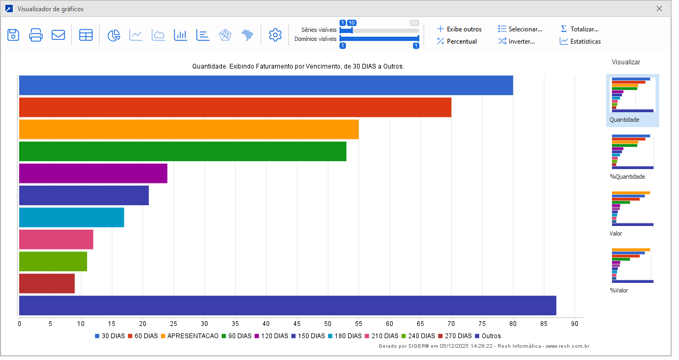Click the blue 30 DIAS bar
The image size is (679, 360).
click(266, 86)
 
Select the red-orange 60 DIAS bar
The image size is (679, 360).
click(235, 107)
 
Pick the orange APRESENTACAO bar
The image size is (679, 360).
click(189, 129)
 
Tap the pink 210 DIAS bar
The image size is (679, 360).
click(56, 239)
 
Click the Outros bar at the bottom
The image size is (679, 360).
click(287, 305)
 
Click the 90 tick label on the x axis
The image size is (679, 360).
click(575, 323)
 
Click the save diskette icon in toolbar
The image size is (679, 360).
click(13, 35)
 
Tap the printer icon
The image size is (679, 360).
click(36, 35)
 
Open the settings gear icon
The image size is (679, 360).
click(275, 35)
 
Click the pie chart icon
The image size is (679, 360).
click(114, 35)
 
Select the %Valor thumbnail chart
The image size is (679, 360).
click(632, 266)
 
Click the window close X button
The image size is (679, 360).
click(659, 9)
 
